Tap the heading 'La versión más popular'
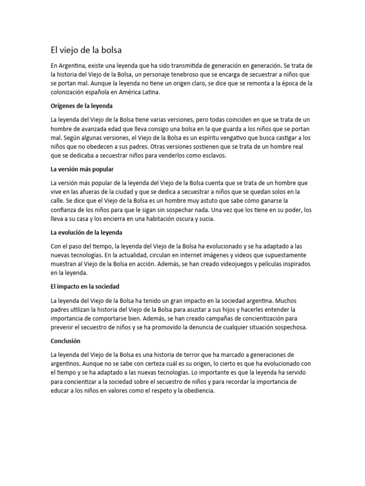pyautogui.click(x=82, y=169)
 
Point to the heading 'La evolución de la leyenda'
pyautogui.click(x=86, y=233)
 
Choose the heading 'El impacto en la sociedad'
pyautogui.click(x=85, y=287)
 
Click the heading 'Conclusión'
pyautogui.click(x=66, y=341)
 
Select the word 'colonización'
pyautogui.click(x=68, y=93)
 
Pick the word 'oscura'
pyautogui.click(x=179, y=219)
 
